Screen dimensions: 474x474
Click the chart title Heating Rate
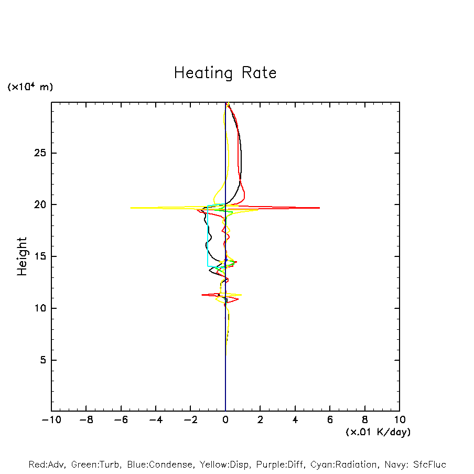[x=225, y=73]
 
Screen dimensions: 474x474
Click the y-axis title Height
[x=22, y=256]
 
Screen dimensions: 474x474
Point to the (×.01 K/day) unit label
[x=378, y=432]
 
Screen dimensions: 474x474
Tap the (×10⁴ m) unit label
[x=30, y=87]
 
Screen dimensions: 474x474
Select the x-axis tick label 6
[x=330, y=419]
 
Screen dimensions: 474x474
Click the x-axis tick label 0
[x=225, y=419]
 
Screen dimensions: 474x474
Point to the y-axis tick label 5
[x=44, y=360]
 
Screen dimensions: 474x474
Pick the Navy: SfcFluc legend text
[x=414, y=465]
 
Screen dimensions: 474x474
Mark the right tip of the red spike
[x=319, y=208]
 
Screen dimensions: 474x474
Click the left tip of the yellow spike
[x=131, y=208]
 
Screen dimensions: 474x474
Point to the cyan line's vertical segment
[x=208, y=236]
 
